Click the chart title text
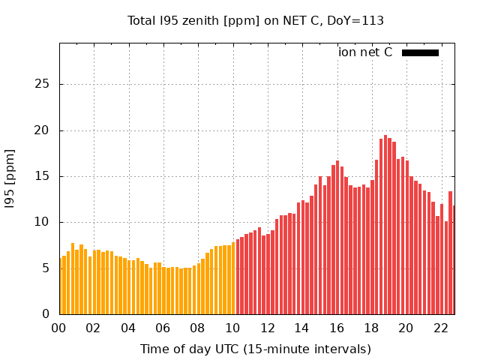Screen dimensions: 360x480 pyautogui.click(x=256, y=21)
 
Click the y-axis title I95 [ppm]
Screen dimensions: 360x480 pyautogui.click(x=10, y=178)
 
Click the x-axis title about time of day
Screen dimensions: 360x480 pyautogui.click(x=256, y=349)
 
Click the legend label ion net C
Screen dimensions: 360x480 pyautogui.click(x=365, y=52)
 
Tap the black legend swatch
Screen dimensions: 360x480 pyautogui.click(x=420, y=52)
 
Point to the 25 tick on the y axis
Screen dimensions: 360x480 pyautogui.click(x=43, y=84)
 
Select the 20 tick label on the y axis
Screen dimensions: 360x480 pyautogui.click(x=43, y=130)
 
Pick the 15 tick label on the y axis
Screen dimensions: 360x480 pyautogui.click(x=43, y=176)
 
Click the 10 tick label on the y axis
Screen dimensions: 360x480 pyautogui.click(x=43, y=222)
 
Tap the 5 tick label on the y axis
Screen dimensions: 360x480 pyautogui.click(x=46, y=268)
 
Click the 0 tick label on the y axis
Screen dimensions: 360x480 pyautogui.click(x=46, y=314)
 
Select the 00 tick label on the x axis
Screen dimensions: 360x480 pyautogui.click(x=59, y=328)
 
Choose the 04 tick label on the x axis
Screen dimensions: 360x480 pyautogui.click(x=128, y=328)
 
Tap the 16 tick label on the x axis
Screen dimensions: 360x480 pyautogui.click(x=337, y=328)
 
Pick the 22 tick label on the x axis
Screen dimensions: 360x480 pyautogui.click(x=440, y=328)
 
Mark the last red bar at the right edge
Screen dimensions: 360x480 pyautogui.click(x=454, y=259)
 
